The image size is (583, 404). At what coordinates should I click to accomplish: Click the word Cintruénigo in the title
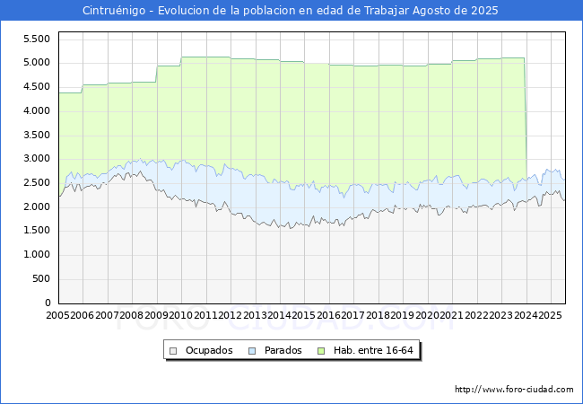[114, 11]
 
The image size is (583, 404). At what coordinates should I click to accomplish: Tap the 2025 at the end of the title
[484, 11]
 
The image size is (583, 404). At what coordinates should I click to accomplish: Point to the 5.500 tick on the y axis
[37, 40]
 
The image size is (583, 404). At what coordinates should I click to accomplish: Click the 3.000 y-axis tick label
[37, 159]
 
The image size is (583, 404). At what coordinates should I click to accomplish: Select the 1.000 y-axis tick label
[37, 255]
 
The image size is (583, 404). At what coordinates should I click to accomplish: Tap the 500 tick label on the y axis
[41, 278]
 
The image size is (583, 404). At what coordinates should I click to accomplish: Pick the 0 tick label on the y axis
[48, 303]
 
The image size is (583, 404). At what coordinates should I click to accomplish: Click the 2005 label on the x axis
[57, 315]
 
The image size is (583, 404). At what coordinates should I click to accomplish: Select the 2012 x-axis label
[231, 315]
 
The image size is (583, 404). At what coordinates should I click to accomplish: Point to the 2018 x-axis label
[379, 315]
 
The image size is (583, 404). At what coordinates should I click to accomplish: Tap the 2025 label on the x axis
[551, 315]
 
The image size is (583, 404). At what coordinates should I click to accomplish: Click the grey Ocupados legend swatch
[173, 351]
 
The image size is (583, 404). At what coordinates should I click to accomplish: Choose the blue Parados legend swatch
[252, 351]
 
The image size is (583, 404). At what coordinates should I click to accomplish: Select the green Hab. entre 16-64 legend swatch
[321, 351]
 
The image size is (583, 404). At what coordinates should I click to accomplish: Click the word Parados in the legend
[283, 350]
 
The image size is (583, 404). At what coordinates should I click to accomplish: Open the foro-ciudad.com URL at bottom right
[514, 390]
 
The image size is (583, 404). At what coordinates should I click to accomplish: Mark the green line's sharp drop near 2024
[526, 119]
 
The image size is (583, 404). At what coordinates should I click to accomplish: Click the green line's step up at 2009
[157, 74]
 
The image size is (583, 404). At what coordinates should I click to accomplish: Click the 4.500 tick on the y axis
[37, 87]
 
